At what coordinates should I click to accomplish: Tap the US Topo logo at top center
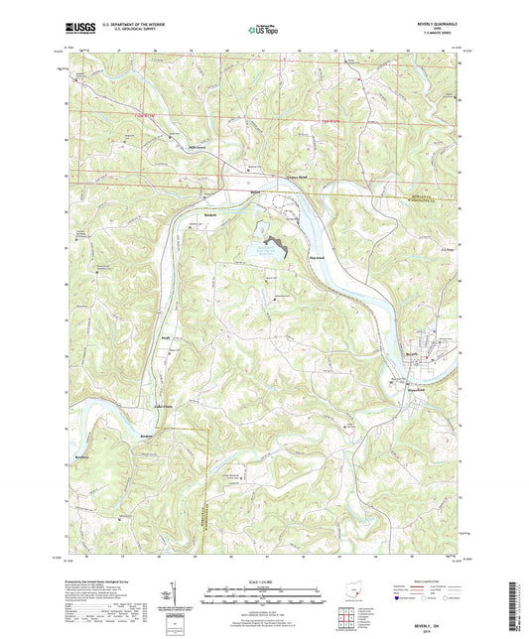(x=263, y=31)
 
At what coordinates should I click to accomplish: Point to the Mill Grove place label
(x=170, y=148)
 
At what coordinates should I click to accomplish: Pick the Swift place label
(x=168, y=338)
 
